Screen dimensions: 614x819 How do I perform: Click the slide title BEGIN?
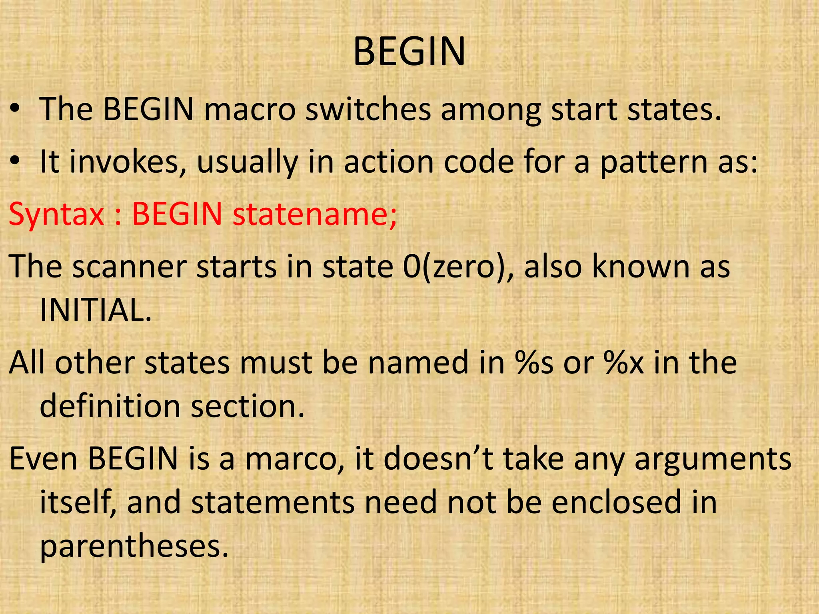(409, 52)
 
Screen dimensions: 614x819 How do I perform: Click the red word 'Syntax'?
(56, 215)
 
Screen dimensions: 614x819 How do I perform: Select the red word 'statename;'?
(315, 215)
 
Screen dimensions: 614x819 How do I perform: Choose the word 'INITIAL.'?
(96, 310)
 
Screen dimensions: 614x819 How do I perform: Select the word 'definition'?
(110, 406)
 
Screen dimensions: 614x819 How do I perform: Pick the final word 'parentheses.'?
(134, 547)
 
